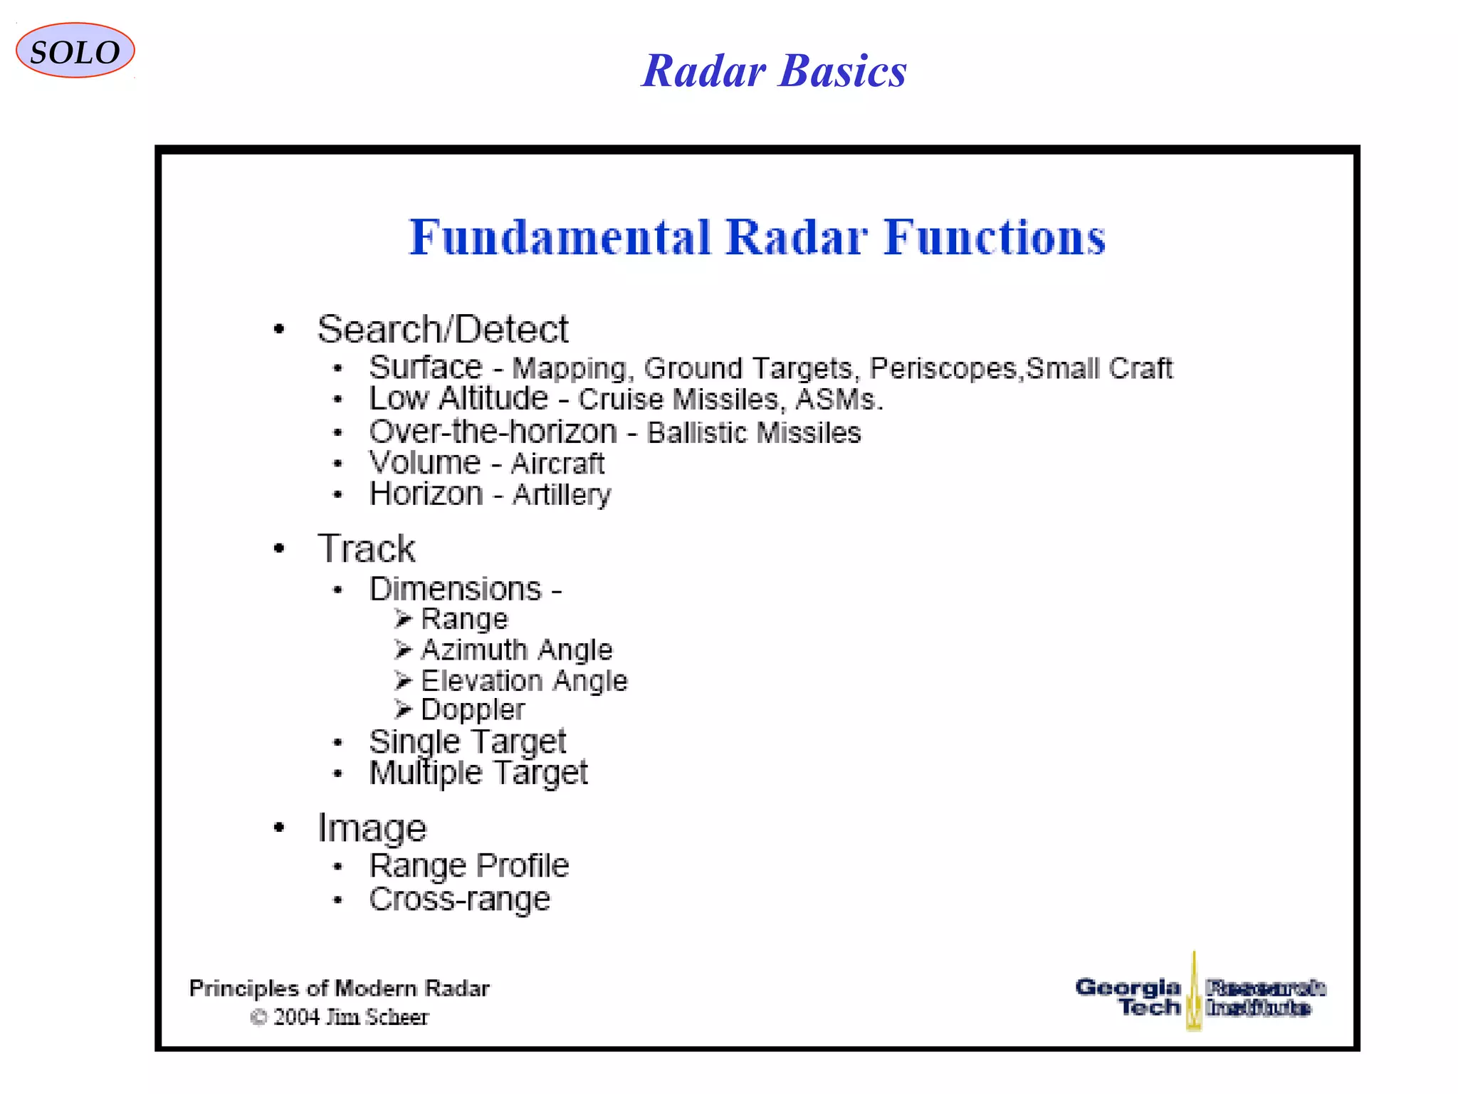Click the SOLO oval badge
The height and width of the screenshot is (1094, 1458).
coord(75,51)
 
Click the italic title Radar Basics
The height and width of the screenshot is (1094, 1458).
coord(774,71)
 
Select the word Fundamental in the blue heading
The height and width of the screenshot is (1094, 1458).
coord(560,237)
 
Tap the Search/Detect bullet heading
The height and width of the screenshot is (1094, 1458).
coord(442,329)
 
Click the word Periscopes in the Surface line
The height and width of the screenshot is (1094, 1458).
coord(945,368)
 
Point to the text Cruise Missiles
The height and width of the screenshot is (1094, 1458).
coord(681,400)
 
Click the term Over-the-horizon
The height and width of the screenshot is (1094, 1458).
coord(493,432)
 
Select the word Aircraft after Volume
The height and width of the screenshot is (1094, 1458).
coord(557,464)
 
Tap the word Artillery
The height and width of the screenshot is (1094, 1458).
coord(562,494)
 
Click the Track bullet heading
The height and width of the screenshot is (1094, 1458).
coord(366,548)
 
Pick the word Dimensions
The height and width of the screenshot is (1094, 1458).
coord(456,589)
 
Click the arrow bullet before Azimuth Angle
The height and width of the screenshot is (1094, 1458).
coord(403,649)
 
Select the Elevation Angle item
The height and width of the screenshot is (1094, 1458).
coord(524,681)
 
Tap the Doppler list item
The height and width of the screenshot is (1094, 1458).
coord(473,710)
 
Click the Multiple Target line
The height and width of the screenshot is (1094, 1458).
coord(478,773)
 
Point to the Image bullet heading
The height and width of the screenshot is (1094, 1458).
coord(372,828)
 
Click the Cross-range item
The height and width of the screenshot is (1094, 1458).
coord(460,899)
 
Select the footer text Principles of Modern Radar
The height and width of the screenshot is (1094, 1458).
coord(339,989)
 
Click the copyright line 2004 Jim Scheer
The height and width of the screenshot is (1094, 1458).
coord(340,1017)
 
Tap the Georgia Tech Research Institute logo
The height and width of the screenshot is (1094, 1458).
coord(1200,996)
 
